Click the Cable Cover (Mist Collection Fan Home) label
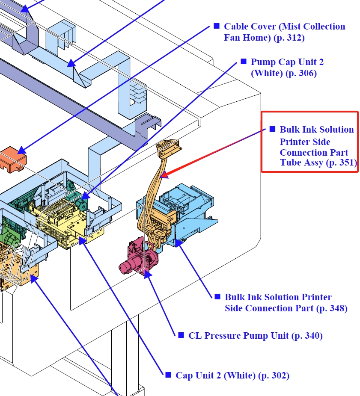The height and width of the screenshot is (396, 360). coord(284,32)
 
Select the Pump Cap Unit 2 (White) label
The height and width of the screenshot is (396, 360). coord(287,68)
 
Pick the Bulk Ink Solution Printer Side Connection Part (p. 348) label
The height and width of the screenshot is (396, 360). coord(286,302)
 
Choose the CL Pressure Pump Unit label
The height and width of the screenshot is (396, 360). coord(255,336)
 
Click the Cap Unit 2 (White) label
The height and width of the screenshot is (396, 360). coord(232,375)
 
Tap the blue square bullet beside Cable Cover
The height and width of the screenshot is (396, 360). coord(217,26)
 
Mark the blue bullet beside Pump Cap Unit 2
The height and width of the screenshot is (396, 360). coord(244,62)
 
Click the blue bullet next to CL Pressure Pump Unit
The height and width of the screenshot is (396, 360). coord(181,335)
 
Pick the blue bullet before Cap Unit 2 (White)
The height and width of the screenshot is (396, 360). coord(168,375)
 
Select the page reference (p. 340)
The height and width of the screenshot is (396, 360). coord(307,336)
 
